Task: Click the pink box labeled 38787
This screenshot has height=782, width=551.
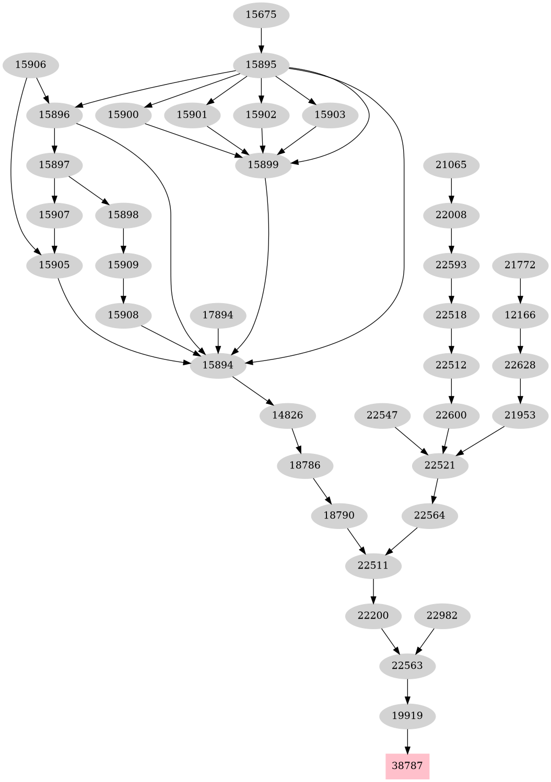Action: [407, 766]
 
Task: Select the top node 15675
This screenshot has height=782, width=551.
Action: [261, 15]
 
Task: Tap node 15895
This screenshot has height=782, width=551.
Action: [261, 65]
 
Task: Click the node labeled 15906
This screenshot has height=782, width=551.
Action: [30, 65]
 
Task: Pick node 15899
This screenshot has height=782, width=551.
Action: [263, 165]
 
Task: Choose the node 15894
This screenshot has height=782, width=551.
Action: [218, 365]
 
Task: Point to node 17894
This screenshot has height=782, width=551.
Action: [218, 315]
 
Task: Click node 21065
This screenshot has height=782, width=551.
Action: [451, 165]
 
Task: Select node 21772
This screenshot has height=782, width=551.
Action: [520, 265]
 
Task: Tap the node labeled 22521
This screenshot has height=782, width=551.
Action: [440, 465]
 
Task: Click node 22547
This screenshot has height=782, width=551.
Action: [382, 415]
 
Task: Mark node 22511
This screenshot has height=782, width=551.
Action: [373, 566]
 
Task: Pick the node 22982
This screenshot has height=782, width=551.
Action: [442, 616]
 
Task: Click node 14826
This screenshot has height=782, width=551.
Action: [287, 415]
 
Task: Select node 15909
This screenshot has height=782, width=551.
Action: [123, 265]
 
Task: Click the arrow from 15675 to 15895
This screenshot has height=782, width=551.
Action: [261, 40]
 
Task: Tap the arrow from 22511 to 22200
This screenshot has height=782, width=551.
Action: [373, 591]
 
